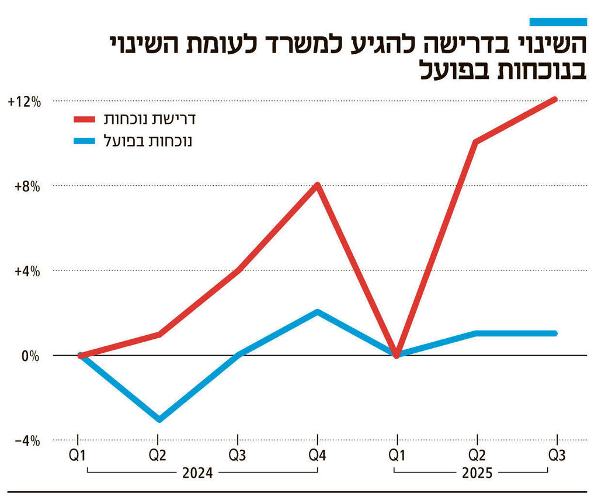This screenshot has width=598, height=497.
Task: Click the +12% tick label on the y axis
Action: click(x=24, y=102)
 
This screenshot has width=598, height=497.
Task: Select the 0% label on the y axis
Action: click(x=29, y=356)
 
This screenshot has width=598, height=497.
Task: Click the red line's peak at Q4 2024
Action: click(x=317, y=186)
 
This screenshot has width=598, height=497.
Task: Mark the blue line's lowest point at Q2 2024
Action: click(x=158, y=419)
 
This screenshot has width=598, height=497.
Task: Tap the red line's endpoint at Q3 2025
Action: click(x=555, y=100)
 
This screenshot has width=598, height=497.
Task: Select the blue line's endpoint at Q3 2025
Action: click(x=555, y=333)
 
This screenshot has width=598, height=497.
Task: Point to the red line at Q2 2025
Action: click(x=477, y=143)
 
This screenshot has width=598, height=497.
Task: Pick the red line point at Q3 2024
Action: click(x=238, y=270)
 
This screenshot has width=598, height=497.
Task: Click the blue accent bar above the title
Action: click(x=558, y=22)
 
